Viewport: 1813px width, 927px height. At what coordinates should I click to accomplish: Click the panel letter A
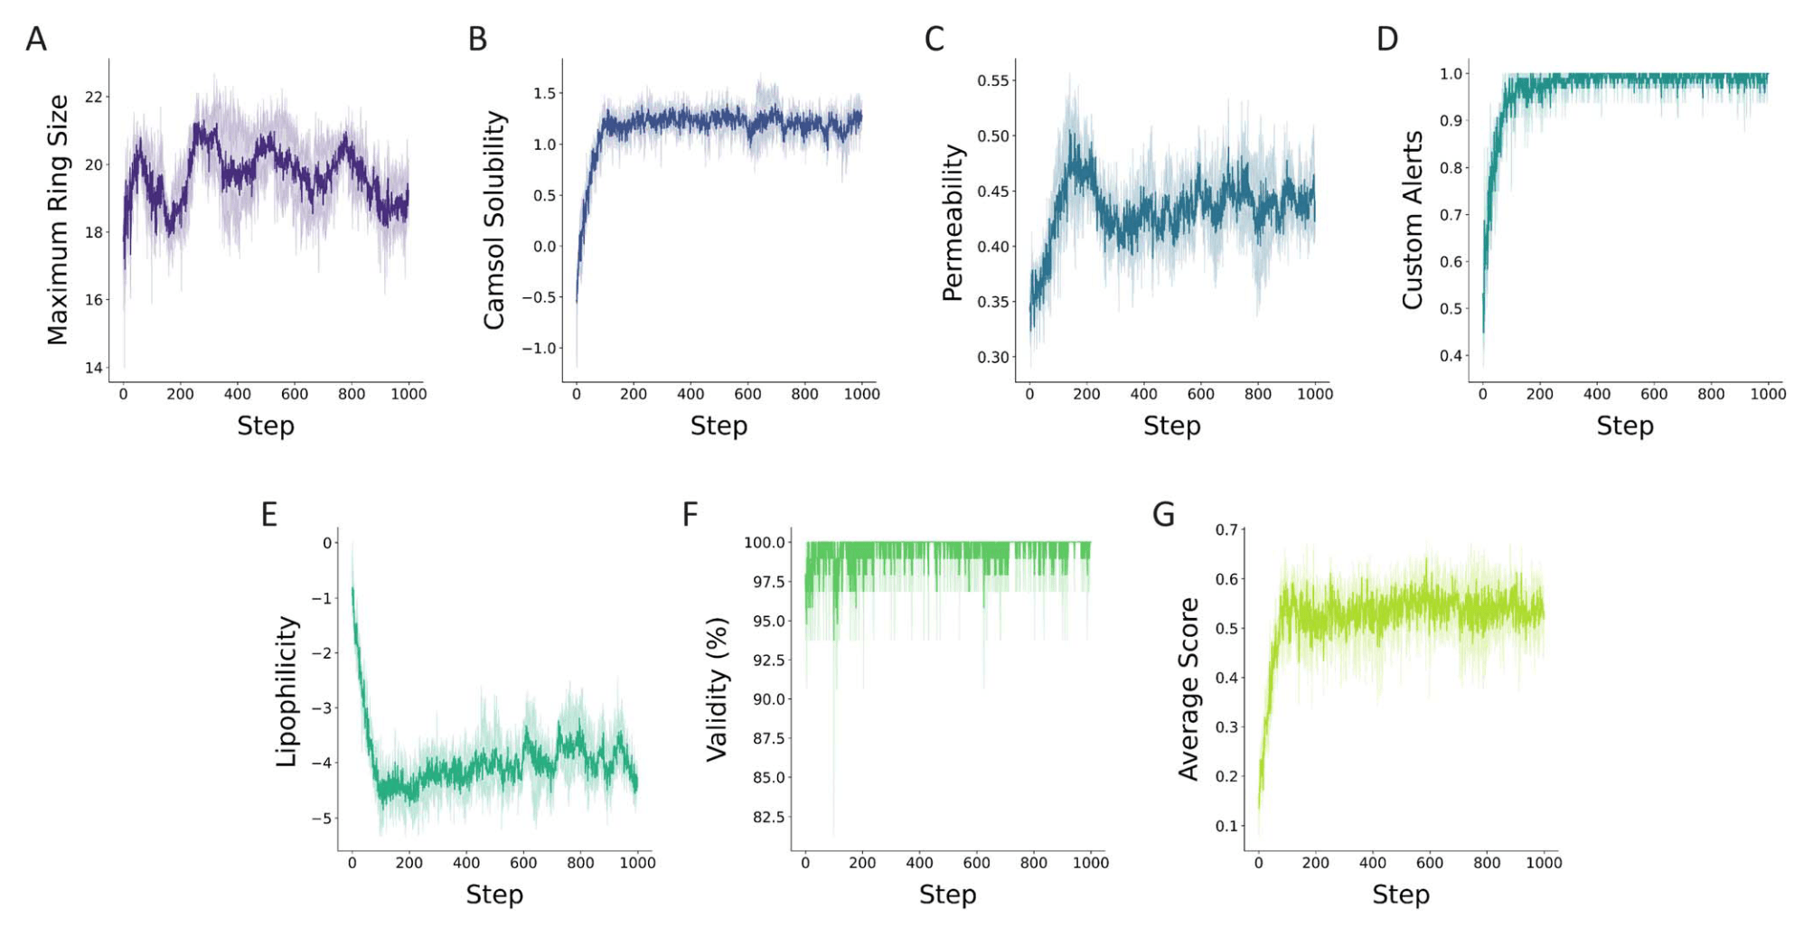(x=36, y=39)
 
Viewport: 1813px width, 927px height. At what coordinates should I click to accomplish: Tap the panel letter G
(x=1163, y=514)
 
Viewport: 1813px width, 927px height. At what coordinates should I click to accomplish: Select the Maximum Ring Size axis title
(x=58, y=220)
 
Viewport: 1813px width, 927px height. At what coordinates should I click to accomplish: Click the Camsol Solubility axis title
(x=494, y=220)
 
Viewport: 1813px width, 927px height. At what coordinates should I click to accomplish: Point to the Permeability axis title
(x=953, y=222)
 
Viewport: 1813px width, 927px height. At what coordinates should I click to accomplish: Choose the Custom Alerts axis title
(x=1413, y=220)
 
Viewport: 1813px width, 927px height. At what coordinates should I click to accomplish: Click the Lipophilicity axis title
(x=287, y=691)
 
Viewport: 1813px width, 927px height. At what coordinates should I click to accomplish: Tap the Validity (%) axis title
(x=717, y=689)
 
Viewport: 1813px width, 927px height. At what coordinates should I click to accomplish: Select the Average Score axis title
(x=1188, y=688)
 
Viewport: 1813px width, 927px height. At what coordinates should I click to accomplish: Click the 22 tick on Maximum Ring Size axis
(x=94, y=97)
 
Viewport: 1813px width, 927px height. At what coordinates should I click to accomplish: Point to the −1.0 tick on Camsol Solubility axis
(x=540, y=349)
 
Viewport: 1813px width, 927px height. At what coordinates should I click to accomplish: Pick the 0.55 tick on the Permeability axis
(x=992, y=80)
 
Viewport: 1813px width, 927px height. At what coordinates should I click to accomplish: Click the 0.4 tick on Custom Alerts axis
(x=1451, y=356)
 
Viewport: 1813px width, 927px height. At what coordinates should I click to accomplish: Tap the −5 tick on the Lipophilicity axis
(x=322, y=819)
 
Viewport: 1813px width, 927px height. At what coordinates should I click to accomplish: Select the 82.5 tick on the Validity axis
(x=768, y=817)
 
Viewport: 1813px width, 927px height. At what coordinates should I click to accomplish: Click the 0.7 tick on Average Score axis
(x=1226, y=529)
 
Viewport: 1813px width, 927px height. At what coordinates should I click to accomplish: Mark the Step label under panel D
(x=1624, y=426)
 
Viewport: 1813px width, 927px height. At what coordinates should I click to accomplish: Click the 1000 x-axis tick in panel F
(x=1090, y=863)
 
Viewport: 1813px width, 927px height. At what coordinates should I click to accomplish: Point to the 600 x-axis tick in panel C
(x=1200, y=394)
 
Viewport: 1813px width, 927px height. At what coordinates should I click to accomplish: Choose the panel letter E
(x=268, y=514)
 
